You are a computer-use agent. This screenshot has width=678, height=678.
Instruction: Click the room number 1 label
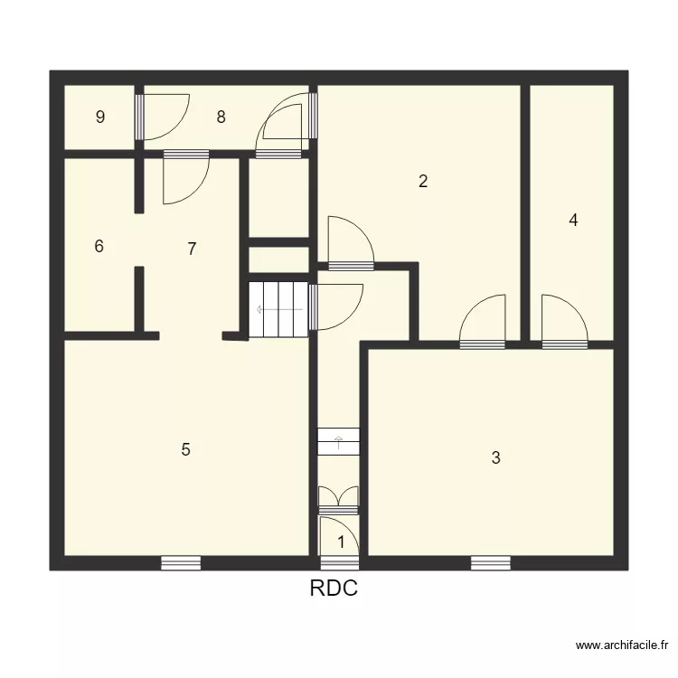pos(341,542)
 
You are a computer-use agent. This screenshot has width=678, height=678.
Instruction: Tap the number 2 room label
pos(422,181)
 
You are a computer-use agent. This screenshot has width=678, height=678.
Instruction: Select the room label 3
pos(495,458)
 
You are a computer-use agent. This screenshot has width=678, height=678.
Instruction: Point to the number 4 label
pos(573,220)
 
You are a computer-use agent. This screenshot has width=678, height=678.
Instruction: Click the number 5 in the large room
pos(185,449)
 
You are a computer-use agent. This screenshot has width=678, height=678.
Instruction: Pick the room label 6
pos(99,246)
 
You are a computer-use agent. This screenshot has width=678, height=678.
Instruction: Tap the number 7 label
pos(192,249)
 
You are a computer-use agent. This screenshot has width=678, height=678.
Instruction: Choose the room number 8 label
pos(221,117)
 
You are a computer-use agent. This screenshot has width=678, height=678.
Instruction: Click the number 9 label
pos(100,117)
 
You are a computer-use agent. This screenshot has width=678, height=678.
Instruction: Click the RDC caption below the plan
pos(334,589)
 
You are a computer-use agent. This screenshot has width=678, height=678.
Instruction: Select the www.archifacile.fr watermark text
pos(623,645)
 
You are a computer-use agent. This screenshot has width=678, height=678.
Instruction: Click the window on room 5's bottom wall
pos(181,563)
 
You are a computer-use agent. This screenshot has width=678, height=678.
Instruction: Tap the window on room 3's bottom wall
pos(490,563)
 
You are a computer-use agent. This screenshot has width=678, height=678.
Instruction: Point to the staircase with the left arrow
pos(278,309)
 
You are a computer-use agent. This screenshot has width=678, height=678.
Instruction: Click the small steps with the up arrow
pos(339,442)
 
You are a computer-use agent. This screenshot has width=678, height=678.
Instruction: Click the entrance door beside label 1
pos(339,536)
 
